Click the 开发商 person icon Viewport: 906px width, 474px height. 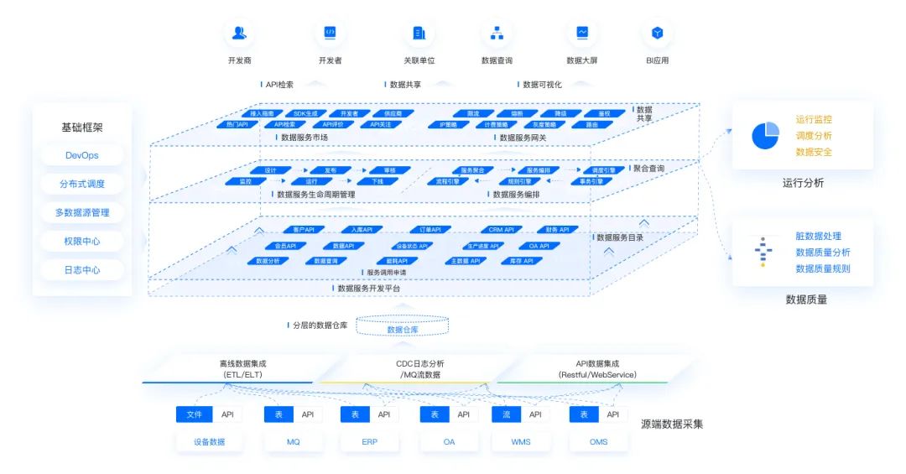(x=239, y=34)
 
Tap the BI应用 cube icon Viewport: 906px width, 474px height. (x=657, y=34)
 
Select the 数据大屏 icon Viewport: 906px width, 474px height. (x=581, y=34)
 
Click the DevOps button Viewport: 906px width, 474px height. (x=82, y=155)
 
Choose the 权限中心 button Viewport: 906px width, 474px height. (x=82, y=242)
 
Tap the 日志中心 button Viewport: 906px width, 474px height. (x=82, y=270)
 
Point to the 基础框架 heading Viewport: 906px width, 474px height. (x=82, y=128)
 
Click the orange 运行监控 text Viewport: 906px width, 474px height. (x=814, y=120)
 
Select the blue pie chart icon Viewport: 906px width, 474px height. (x=765, y=135)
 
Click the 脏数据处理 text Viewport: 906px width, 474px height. (x=818, y=237)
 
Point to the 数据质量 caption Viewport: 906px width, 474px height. (x=805, y=299)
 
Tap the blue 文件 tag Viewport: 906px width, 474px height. (x=194, y=414)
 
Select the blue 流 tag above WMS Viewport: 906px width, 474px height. (x=506, y=414)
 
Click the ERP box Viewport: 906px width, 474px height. (x=370, y=441)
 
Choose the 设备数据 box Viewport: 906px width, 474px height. (x=209, y=441)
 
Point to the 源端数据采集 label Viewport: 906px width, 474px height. (x=672, y=425)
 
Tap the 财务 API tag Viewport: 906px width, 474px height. (x=557, y=229)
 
